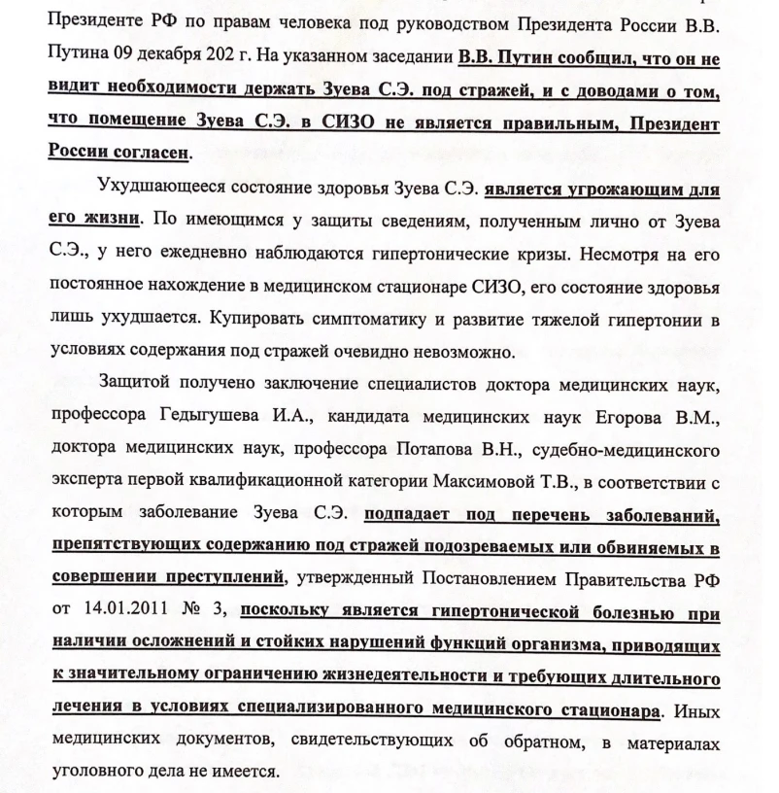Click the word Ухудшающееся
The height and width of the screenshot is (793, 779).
click(159, 187)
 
